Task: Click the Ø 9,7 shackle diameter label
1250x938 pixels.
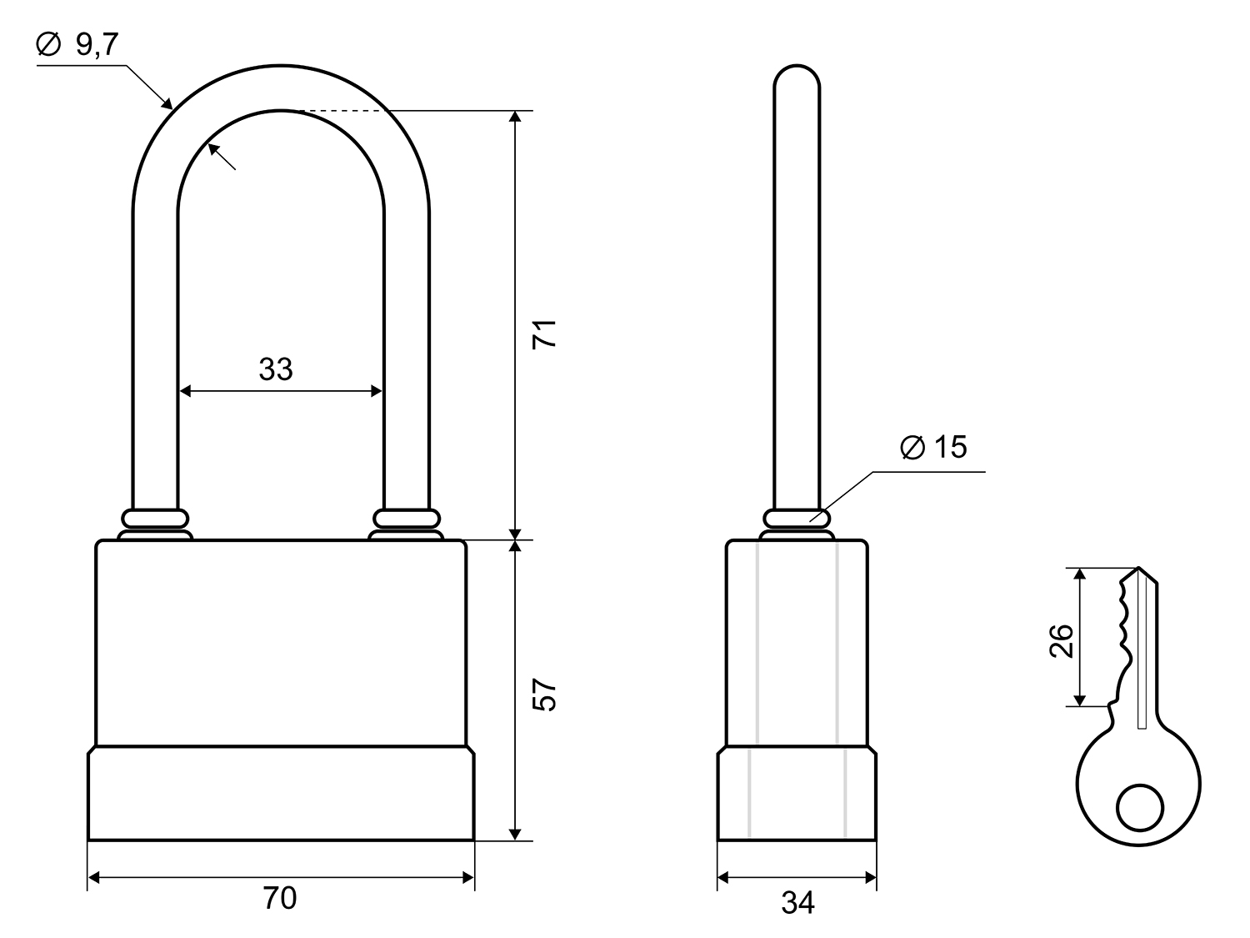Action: click(77, 44)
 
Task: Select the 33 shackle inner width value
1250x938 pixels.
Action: click(276, 369)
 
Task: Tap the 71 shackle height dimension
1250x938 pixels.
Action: click(544, 334)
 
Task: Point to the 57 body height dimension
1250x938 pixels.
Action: click(544, 695)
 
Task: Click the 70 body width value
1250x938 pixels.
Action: click(280, 898)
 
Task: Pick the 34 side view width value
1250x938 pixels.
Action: click(797, 903)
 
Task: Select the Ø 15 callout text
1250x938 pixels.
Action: click(933, 447)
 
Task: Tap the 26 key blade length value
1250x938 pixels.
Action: click(1061, 640)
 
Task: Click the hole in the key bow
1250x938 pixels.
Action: click(1139, 808)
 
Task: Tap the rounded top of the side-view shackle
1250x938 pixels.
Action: click(797, 71)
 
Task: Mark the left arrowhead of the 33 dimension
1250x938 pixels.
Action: click(184, 391)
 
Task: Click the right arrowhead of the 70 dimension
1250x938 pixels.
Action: click(468, 878)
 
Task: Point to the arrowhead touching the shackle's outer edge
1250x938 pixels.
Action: click(167, 103)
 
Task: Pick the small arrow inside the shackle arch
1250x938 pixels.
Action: click(222, 157)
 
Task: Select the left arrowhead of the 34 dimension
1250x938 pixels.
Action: click(723, 878)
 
